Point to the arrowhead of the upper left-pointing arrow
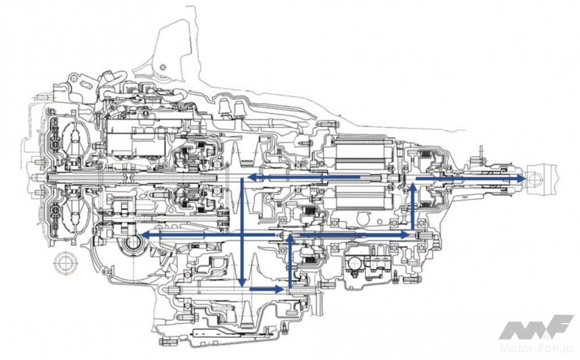pos(248,178)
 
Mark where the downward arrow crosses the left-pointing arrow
pos(242,234)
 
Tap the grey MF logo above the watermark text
pos(536,327)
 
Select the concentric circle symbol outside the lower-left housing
pos(66,264)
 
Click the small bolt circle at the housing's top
pos(163,67)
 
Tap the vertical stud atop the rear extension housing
pos(480,153)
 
